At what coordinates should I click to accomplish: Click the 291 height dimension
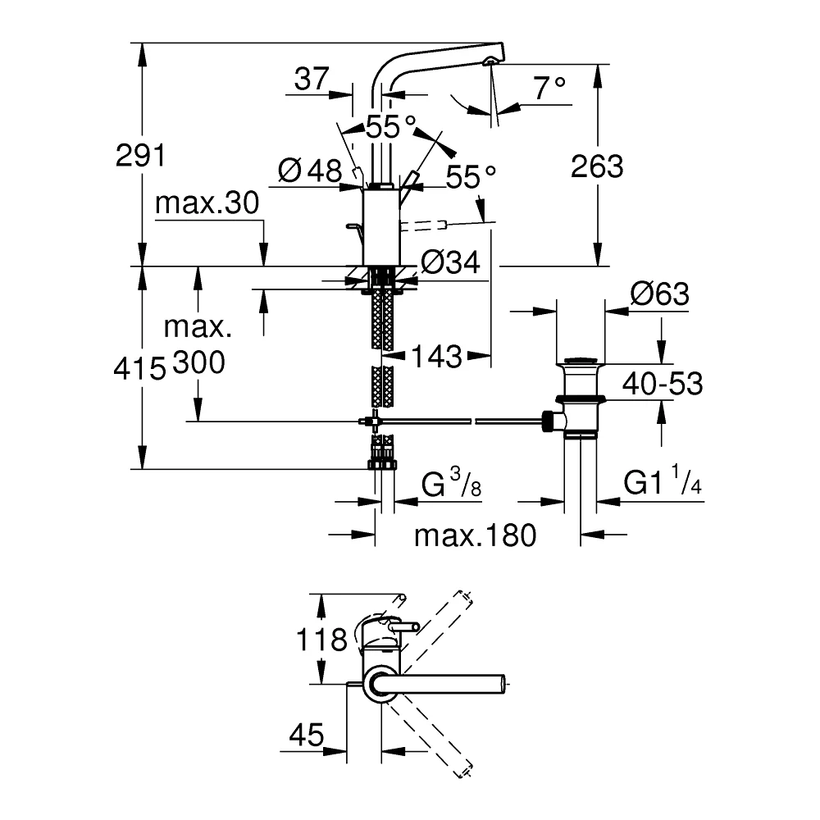(x=140, y=155)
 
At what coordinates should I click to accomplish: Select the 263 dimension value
(x=597, y=166)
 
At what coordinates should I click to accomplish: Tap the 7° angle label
(x=549, y=88)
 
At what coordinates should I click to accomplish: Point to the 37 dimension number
(x=312, y=79)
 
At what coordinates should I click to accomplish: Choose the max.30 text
(x=207, y=203)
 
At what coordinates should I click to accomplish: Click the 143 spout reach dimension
(x=437, y=357)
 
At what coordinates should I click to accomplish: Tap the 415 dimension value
(x=139, y=369)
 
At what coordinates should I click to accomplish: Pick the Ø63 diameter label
(x=660, y=294)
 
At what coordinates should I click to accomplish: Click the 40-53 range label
(x=663, y=383)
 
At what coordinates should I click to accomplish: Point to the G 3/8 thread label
(x=451, y=483)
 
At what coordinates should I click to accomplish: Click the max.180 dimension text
(x=476, y=535)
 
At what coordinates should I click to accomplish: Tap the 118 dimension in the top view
(x=321, y=639)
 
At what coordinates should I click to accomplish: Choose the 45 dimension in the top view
(x=307, y=736)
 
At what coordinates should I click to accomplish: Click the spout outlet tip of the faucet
(x=490, y=61)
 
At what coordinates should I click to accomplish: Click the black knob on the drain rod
(x=547, y=421)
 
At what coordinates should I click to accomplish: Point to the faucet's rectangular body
(x=381, y=226)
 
